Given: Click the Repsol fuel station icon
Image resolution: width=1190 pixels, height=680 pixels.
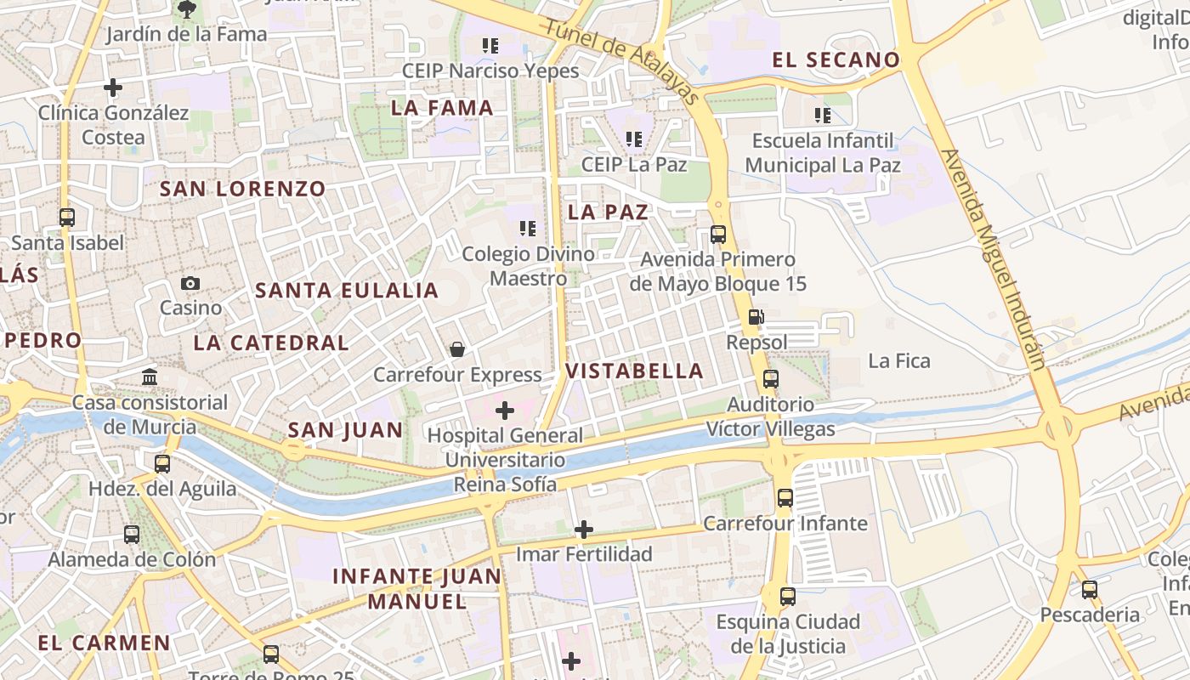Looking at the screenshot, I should pyautogui.click(x=755, y=317).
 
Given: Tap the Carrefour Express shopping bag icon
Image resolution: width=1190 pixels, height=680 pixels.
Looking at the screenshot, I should pyautogui.click(x=457, y=349).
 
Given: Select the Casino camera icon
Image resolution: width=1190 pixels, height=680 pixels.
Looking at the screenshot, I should pyautogui.click(x=190, y=283).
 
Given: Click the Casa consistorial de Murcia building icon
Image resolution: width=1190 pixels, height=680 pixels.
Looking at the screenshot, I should pyautogui.click(x=150, y=377).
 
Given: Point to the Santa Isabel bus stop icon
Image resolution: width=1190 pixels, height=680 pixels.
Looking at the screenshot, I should pyautogui.click(x=67, y=218).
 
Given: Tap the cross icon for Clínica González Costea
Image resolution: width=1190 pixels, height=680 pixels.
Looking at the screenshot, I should pyautogui.click(x=113, y=88).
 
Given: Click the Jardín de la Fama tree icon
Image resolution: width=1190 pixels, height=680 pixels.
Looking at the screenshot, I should pyautogui.click(x=187, y=10).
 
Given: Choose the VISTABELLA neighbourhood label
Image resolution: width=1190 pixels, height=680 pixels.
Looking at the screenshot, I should pyautogui.click(x=634, y=371).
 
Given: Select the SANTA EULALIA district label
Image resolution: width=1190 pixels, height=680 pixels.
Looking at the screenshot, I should pyautogui.click(x=347, y=291).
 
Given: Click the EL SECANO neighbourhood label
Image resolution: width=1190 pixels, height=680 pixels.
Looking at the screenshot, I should pyautogui.click(x=836, y=59).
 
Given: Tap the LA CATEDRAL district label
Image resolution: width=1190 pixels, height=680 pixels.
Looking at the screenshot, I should pyautogui.click(x=271, y=343).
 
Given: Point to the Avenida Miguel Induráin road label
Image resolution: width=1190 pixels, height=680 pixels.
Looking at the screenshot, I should pyautogui.click(x=993, y=259).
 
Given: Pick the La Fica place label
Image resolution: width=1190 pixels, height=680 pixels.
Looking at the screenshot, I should pyautogui.click(x=899, y=361).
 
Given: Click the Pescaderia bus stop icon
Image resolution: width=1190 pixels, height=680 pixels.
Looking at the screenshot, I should pyautogui.click(x=1090, y=589).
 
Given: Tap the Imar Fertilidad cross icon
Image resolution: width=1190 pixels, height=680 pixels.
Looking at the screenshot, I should pyautogui.click(x=584, y=530).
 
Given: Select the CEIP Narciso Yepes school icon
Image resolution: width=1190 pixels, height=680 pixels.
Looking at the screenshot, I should pyautogui.click(x=490, y=45).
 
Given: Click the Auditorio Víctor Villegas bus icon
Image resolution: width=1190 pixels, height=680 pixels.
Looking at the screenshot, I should pyautogui.click(x=771, y=379).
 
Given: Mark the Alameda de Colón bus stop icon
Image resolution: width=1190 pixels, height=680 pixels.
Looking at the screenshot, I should pyautogui.click(x=132, y=535).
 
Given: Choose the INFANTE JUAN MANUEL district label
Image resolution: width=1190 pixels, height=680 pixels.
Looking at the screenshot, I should pyautogui.click(x=416, y=588).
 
